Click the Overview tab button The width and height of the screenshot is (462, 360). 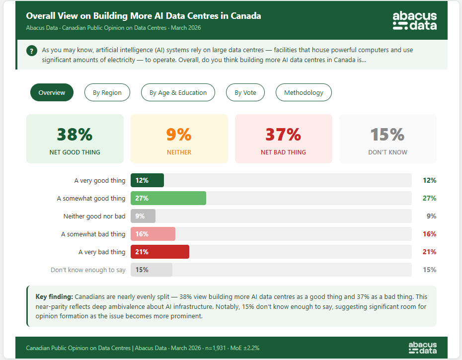pos(52,92)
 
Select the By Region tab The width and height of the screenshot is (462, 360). pos(107,92)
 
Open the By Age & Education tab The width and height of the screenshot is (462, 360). pos(178,92)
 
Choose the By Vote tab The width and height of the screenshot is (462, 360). pos(245,92)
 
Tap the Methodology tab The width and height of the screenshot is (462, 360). pos(304,92)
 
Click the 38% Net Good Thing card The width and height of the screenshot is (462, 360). pos(75,139)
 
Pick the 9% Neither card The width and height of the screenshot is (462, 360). pos(179,139)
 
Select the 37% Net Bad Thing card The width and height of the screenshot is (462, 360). pos(283,139)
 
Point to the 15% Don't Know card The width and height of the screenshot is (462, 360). pos(387,139)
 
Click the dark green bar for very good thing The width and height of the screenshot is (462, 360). pos(147,180)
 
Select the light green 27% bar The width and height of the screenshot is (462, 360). pos(168,198)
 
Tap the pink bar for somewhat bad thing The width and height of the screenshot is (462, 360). pos(153,234)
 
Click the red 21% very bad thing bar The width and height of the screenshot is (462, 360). pos(160,252)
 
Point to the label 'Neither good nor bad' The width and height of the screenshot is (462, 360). pos(94,216)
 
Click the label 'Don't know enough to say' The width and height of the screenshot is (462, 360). pos(88,270)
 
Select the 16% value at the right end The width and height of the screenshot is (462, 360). pos(429,234)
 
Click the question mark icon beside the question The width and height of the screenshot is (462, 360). pos(32,51)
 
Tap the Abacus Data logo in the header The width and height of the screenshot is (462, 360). pos(414,21)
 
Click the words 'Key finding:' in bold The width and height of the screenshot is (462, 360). pos(54,296)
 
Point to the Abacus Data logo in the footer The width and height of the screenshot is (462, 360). pos(423,348)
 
